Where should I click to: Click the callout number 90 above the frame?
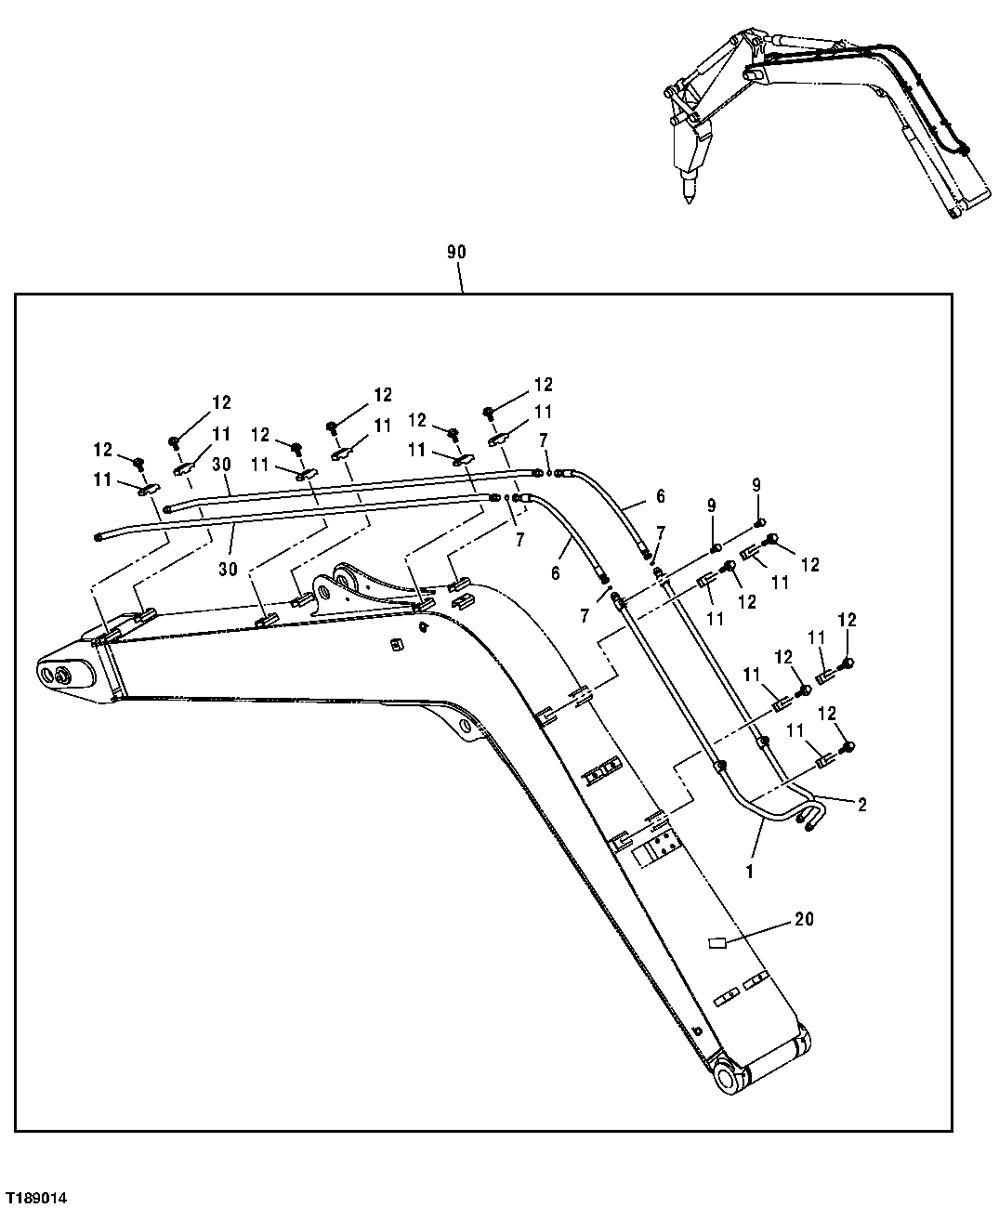click(x=456, y=252)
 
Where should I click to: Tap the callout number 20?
click(x=804, y=919)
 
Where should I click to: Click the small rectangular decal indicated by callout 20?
click(x=716, y=943)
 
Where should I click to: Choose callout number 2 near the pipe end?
click(x=861, y=805)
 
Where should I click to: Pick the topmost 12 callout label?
click(x=543, y=384)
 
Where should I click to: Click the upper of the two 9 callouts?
click(x=756, y=484)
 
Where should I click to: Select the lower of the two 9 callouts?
click(x=712, y=506)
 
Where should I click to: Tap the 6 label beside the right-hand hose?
click(x=660, y=497)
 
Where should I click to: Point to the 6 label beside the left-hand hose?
click(x=556, y=573)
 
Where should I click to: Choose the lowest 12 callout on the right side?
click(x=827, y=713)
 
